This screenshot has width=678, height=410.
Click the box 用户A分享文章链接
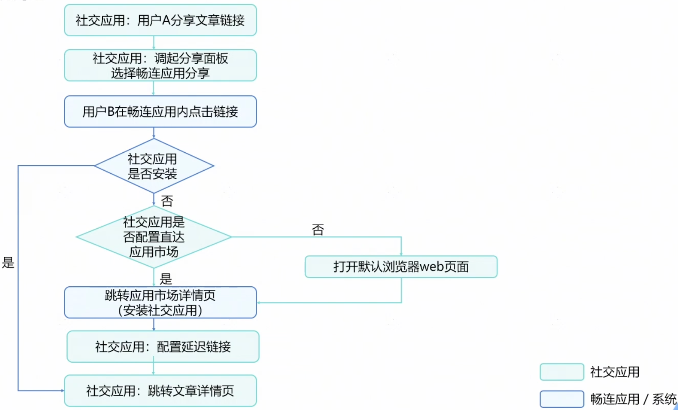[160, 20]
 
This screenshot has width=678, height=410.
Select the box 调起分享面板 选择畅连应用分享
[160, 65]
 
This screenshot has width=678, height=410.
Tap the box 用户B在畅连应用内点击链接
[160, 111]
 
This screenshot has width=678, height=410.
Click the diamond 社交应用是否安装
[153, 166]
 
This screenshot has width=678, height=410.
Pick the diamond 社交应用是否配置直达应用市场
[153, 237]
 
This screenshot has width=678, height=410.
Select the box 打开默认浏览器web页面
[401, 266]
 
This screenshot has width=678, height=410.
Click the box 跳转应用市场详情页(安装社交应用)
[160, 302]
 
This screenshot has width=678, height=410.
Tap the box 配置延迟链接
[163, 347]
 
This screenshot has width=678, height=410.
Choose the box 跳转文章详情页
[160, 391]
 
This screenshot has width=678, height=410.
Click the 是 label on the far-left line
[8, 263]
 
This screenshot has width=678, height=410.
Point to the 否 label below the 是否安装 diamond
[167, 201]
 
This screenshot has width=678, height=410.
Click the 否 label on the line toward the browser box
[318, 229]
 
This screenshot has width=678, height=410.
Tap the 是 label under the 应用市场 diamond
[166, 279]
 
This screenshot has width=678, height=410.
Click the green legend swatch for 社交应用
[562, 372]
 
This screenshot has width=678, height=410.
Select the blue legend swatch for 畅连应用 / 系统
[562, 399]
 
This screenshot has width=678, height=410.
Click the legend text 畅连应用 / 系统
[633, 399]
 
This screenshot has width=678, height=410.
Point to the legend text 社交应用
[615, 372]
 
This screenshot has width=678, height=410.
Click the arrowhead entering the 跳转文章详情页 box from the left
[62, 391]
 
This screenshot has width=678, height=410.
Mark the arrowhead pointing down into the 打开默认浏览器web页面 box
[401, 254]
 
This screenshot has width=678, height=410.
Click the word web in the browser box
[431, 266]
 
